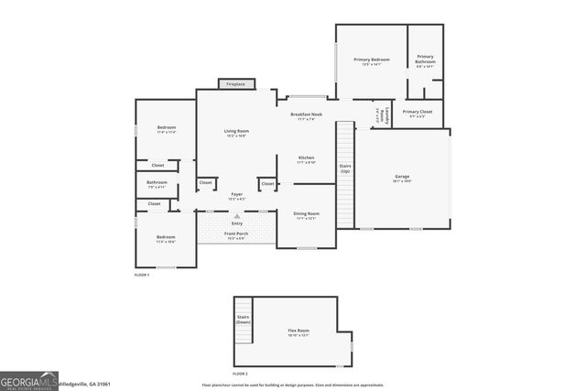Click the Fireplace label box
(236, 83)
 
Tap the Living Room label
(236, 132)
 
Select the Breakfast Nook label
(307, 115)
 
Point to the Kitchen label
(307, 158)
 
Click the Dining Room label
(307, 214)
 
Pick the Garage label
(402, 177)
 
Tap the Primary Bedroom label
(372, 60)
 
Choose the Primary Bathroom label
(426, 60)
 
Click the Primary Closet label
(417, 113)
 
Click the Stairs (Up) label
(345, 168)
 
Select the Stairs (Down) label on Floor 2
(243, 320)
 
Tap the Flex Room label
(298, 331)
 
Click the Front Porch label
(236, 234)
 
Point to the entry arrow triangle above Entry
(236, 215)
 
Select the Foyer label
(236, 195)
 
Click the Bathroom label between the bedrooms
(157, 183)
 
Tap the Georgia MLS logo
(28, 379)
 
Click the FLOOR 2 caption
(240, 374)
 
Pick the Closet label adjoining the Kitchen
(267, 183)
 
